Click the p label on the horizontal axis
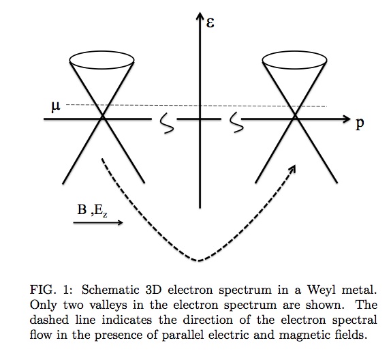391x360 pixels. coord(359,125)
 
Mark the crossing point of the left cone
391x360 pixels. coord(103,119)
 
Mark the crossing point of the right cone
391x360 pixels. coord(295,119)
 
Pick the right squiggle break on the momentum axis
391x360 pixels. coord(236,122)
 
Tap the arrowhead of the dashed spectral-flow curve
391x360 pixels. coord(294,168)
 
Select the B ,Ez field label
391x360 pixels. coord(91,211)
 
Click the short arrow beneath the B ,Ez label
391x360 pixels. coord(98,223)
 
